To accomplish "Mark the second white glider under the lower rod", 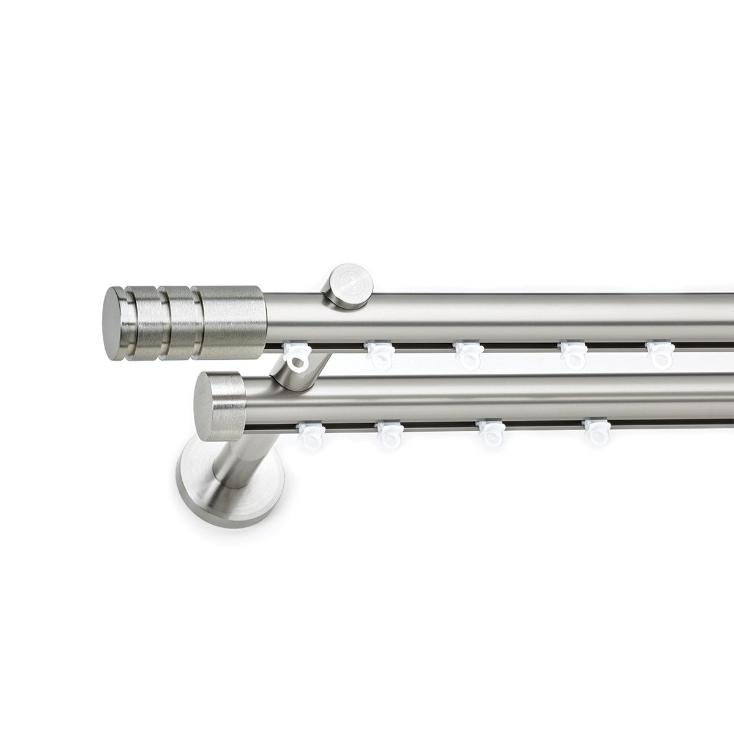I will coord(389,433).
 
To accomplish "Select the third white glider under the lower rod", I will coord(490,432).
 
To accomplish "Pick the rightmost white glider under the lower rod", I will coord(595,431).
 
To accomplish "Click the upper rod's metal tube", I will coord(520,318).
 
